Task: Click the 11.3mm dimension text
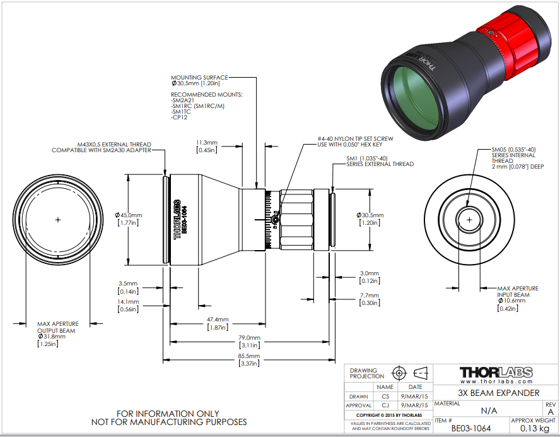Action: coord(206,143)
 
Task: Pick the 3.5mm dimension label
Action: coord(127,284)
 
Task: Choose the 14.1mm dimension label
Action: coord(127,302)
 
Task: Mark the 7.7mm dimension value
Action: coord(369,295)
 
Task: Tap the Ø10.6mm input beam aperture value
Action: coord(510,301)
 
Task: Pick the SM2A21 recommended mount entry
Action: coord(183,100)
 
